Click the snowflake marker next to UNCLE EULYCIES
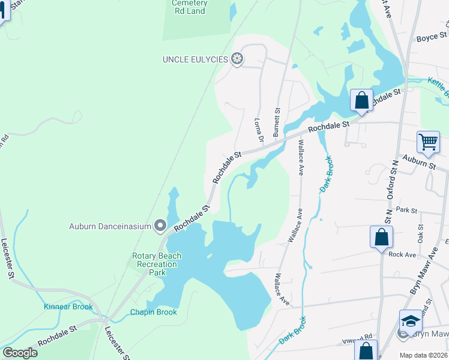[x=238, y=59]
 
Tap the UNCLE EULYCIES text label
[x=195, y=59]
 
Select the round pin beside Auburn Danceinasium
[x=160, y=226]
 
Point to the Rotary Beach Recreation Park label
[x=157, y=264]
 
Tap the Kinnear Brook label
[x=68, y=307]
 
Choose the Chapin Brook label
[x=154, y=312]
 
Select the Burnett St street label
[x=277, y=120]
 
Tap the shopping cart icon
[x=429, y=142]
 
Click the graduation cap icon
[x=411, y=320]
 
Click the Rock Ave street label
[x=402, y=254]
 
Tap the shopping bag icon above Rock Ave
[x=381, y=237]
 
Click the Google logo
[x=19, y=353]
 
